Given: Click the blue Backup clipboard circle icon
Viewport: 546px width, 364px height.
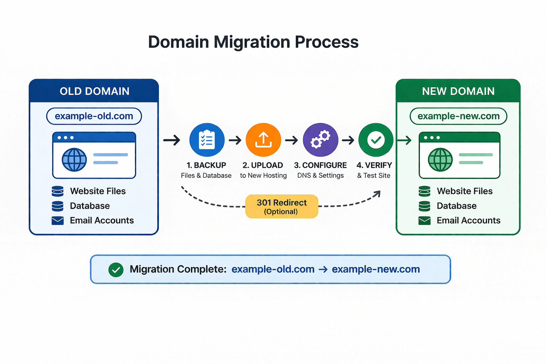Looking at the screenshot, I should [x=207, y=140].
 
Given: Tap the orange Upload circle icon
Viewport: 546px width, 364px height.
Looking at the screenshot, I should [x=263, y=140].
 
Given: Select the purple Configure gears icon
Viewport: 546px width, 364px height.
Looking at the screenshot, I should [x=320, y=140].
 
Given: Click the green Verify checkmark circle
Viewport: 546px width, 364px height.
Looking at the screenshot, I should [x=376, y=140].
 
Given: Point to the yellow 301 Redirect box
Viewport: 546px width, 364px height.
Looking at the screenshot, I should [x=282, y=207].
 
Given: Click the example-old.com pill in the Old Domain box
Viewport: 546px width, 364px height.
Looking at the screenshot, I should [x=94, y=116].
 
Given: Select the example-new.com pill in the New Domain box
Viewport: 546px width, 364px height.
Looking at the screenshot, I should [x=458, y=116].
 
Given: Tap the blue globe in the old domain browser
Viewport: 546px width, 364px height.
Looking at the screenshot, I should [x=74, y=160].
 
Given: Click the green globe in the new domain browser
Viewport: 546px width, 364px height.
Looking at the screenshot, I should [x=440, y=160].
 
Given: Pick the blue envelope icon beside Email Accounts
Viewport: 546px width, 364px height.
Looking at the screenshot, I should [x=58, y=221].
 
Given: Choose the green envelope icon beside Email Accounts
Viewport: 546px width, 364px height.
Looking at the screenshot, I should [x=424, y=221].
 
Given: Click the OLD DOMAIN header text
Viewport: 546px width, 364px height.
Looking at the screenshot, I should [x=94, y=91].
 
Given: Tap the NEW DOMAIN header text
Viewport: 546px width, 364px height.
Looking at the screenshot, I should [x=458, y=91].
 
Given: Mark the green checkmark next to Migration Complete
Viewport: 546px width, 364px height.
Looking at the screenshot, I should [x=116, y=270].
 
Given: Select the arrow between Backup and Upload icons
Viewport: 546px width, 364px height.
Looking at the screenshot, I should [x=235, y=140].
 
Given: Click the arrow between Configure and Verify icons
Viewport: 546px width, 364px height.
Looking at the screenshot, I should [x=348, y=140].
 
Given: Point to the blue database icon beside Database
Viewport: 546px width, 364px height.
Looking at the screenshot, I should [x=58, y=206].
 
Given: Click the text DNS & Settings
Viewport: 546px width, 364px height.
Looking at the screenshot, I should [x=320, y=176].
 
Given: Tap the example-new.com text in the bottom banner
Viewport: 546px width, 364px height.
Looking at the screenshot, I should [x=376, y=269].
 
